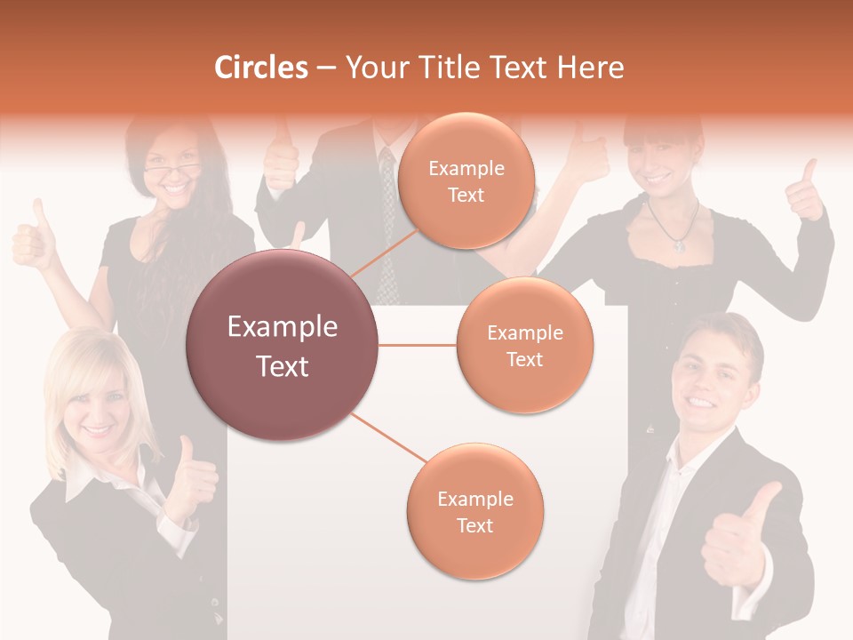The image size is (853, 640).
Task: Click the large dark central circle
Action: pos(282,345)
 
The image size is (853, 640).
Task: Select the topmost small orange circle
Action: pos(466,180)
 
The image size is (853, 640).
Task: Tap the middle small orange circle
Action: pos(524,345)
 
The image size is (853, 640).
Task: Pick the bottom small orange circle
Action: pos(474,511)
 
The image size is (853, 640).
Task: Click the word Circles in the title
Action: pos(261,68)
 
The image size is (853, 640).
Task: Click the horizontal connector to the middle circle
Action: pos(418,345)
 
